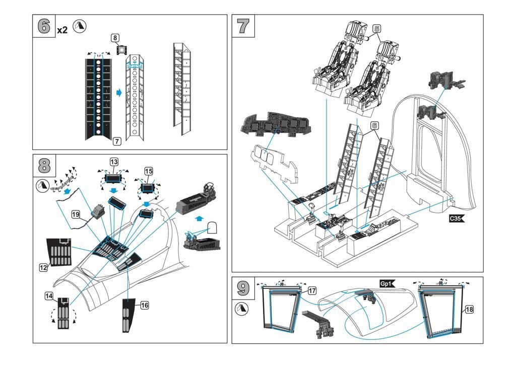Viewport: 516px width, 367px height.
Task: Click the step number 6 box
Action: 44,26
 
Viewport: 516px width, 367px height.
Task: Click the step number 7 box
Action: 243,26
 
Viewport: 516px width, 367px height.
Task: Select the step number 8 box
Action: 44,166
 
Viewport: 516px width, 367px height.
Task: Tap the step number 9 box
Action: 243,288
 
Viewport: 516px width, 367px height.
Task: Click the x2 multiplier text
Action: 62,30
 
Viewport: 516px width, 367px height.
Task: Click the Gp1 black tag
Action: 388,284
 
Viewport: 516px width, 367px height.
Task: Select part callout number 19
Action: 76,214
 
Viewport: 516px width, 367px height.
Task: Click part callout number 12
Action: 43,268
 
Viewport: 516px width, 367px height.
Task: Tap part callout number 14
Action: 49,297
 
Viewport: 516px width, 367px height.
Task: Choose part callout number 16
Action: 145,305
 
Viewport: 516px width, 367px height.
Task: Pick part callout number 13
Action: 114,162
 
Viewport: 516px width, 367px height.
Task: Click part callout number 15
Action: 149,171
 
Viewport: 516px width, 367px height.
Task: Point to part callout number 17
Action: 312,290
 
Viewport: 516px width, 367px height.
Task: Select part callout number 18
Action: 469,310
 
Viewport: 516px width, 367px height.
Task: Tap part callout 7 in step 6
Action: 116,141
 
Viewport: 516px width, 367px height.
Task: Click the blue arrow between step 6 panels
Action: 119,93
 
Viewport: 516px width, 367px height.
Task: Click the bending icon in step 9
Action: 243,308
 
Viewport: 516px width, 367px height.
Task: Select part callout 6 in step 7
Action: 374,125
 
